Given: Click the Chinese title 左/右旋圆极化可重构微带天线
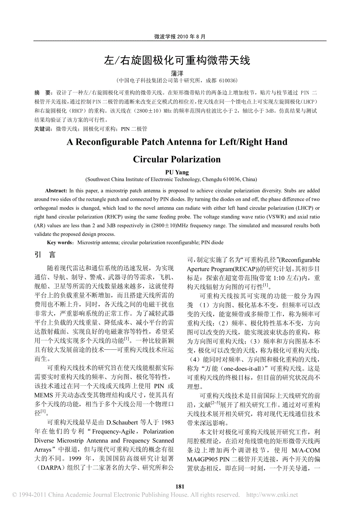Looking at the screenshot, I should click(x=180, y=60).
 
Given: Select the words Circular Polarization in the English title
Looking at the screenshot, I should click(x=177, y=159).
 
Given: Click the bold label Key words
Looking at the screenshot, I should click(x=60, y=243).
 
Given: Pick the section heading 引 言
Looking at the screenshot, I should click(x=45, y=255).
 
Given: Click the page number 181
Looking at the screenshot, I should click(x=180, y=487).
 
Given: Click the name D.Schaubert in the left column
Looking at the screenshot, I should click(x=122, y=423).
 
